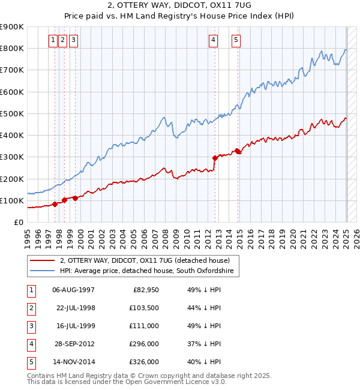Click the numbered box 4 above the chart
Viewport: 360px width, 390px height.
coord(214,40)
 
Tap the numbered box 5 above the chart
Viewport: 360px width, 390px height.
coord(236,40)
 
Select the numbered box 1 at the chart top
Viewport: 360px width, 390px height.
coord(53,40)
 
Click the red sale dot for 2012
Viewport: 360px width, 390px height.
coord(215,158)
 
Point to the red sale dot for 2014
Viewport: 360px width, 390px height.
coord(238,151)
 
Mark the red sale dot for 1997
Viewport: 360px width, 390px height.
coord(55,204)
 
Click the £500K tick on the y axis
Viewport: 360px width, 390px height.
coord(13,113)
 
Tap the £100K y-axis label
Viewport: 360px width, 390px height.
coord(13,200)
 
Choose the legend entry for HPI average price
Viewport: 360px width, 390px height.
coord(149,271)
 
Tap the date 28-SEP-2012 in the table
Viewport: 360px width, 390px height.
coord(73,344)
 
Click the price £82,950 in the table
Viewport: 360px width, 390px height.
coord(145,290)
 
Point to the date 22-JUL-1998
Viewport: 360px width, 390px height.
coord(73,308)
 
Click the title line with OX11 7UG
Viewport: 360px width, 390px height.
coord(180,7)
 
